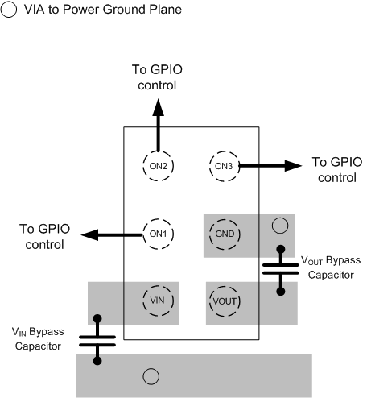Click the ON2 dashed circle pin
pyautogui.click(x=158, y=166)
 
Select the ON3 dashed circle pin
pyautogui.click(x=223, y=166)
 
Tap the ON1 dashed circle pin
pyautogui.click(x=158, y=234)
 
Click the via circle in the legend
pyautogui.click(x=10, y=10)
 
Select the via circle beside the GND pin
pyautogui.click(x=279, y=226)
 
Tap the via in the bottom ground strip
pyautogui.click(x=149, y=375)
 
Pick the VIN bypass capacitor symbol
pyautogui.click(x=98, y=339)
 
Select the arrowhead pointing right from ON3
pyautogui.click(x=289, y=166)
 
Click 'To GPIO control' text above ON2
pyautogui.click(x=158, y=77)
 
